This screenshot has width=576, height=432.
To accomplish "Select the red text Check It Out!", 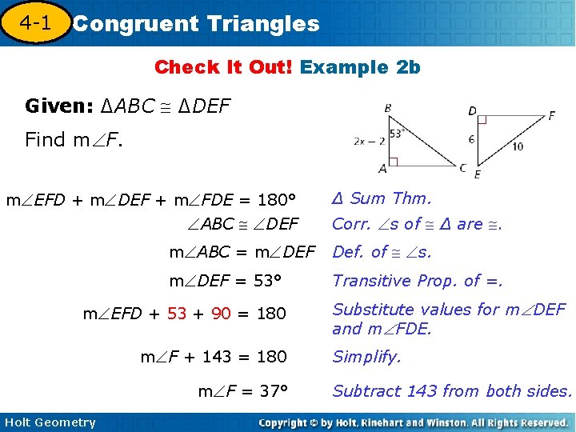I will pos(224,67).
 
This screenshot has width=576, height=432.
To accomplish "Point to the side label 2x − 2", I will pos(370,141).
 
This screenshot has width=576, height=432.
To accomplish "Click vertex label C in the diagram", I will pos(463,166).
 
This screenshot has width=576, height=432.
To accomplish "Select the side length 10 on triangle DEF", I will pos(518,146).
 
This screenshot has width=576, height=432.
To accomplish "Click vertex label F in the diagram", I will pos(551,115).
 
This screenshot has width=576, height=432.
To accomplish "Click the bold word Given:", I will pos(57,106).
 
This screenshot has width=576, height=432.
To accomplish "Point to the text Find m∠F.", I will pos(73,140).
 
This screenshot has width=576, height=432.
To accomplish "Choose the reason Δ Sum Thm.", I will pos(382,198).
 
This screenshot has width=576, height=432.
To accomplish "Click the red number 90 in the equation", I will pos(221,314).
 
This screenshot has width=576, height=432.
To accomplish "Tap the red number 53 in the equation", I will pos(176,314).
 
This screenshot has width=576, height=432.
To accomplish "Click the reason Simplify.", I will pos(366,357).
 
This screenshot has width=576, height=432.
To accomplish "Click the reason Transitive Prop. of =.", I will pos(418,280).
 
